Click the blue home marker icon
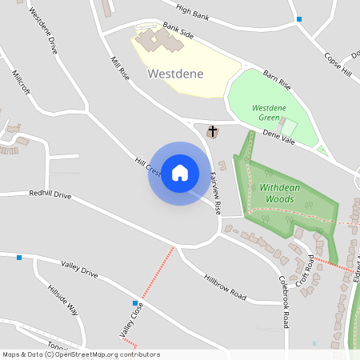180,173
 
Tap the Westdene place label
175,74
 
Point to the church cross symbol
213,130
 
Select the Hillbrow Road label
225,283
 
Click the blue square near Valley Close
135,302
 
